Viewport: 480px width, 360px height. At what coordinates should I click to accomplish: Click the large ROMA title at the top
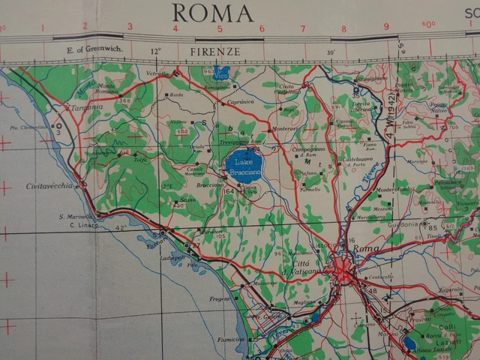[x=213, y=13]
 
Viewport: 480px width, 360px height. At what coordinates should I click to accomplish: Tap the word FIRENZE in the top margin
[x=215, y=52]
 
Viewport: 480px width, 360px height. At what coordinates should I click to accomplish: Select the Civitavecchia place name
[x=49, y=186]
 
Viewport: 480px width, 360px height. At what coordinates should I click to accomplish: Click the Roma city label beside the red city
[x=367, y=248]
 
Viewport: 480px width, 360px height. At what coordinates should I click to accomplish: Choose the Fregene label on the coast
[x=219, y=298]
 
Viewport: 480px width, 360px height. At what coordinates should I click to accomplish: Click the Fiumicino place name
[x=231, y=339]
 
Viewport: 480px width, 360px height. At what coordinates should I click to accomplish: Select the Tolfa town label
[x=141, y=159]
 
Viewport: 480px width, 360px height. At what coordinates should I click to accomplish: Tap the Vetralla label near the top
[x=157, y=75]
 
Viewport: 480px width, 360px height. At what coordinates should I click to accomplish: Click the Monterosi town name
[x=284, y=128]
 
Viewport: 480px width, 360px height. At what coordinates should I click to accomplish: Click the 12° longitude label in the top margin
[x=155, y=52]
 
